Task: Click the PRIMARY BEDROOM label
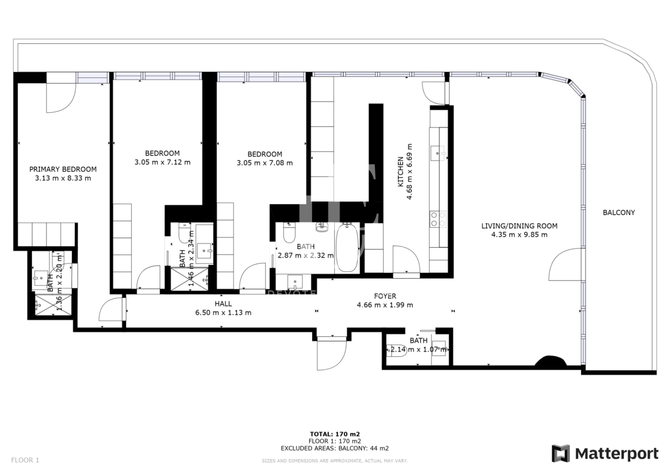63,169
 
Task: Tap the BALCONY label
618,212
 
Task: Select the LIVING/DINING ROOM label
519,226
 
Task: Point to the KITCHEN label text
400,172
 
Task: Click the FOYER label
385,296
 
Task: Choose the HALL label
223,304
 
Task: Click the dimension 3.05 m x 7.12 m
162,162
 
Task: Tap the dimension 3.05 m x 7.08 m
264,163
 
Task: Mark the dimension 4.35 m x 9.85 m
519,235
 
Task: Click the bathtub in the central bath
347,248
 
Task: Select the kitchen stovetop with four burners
438,219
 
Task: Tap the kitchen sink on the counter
437,154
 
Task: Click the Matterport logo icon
561,453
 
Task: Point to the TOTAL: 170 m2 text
335,434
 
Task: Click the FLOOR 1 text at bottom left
25,460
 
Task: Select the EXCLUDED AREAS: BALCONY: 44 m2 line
335,448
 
